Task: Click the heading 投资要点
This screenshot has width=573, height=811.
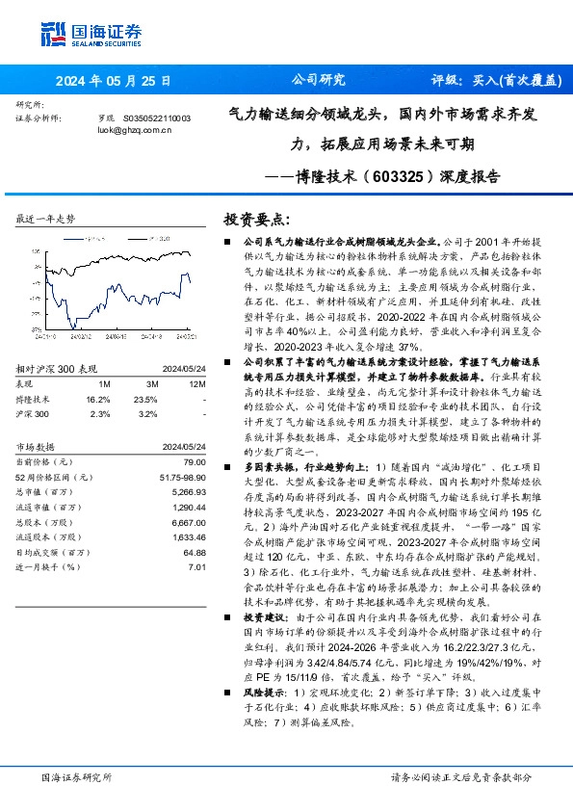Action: coord(255,219)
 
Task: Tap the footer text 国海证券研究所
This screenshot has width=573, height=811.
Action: coord(73,776)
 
